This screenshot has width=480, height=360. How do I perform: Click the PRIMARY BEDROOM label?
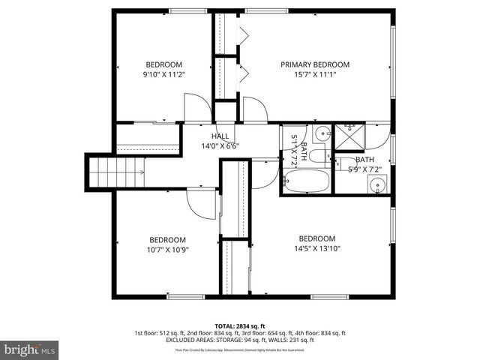pyautogui.click(x=315, y=64)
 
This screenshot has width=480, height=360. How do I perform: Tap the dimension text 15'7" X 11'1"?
pyautogui.click(x=315, y=74)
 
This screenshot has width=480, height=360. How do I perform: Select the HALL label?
pyautogui.click(x=220, y=136)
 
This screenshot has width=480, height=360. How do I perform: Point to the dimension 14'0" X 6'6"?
pyautogui.click(x=220, y=146)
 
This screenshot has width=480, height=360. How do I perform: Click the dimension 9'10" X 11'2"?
pyautogui.click(x=164, y=74)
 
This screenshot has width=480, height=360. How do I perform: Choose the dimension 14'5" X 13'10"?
pyautogui.click(x=316, y=248)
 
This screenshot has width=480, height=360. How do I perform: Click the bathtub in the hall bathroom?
pyautogui.click(x=306, y=181)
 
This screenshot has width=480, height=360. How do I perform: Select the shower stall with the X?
pyautogui.click(x=347, y=136)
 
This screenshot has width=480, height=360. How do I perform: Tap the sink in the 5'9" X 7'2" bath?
pyautogui.click(x=377, y=184)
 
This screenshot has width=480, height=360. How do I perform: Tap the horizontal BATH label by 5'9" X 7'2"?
pyautogui.click(x=364, y=160)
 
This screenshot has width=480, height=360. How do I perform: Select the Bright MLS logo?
pyautogui.click(x=30, y=349)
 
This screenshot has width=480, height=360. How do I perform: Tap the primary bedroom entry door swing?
pyautogui.click(x=254, y=111)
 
